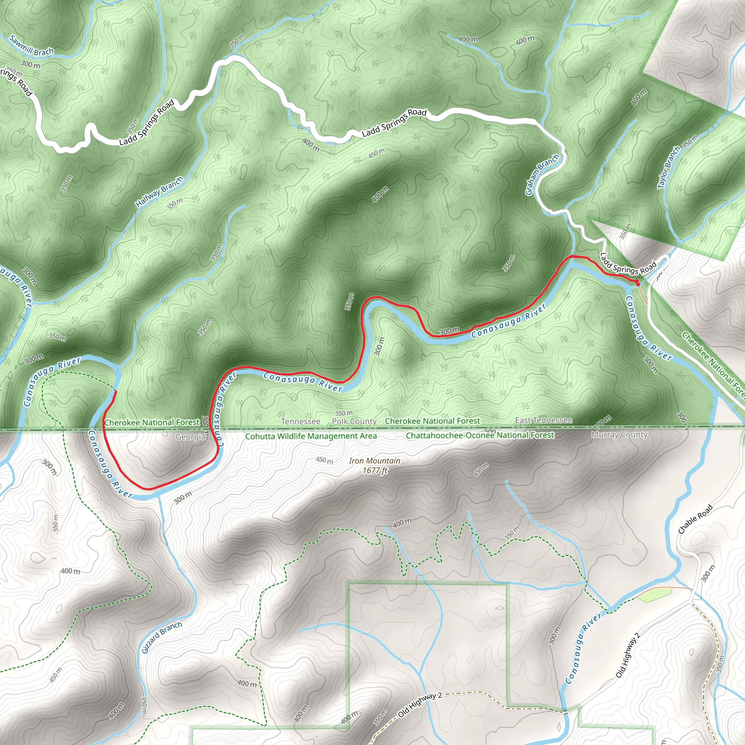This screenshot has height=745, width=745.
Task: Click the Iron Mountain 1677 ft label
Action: point(374,465)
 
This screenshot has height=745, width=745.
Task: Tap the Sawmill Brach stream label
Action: point(31,45)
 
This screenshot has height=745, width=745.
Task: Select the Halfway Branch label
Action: point(159,192)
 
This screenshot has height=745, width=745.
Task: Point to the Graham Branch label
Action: point(542,175)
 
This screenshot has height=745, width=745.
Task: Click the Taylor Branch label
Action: point(669,167)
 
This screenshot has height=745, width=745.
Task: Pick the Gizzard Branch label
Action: point(162,637)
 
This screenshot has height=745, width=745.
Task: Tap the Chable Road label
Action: point(695,519)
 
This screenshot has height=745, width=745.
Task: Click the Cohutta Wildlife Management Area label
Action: point(311,436)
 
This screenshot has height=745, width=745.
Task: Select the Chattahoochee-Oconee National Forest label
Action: point(480,435)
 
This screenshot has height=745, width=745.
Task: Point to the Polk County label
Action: point(354,422)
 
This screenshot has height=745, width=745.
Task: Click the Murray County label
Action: point(619,435)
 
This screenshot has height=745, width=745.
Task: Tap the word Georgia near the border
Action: point(190,437)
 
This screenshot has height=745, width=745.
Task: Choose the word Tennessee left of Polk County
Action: point(300,422)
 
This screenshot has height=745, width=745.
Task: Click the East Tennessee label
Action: point(544,420)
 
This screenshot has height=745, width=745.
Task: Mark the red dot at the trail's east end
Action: point(637,284)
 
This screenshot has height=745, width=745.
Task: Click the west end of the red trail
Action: point(115,391)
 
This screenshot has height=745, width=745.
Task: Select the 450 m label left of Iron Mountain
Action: point(324,460)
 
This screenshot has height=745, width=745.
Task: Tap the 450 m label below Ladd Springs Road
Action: point(376,153)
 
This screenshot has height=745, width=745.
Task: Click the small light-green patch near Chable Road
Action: point(655,595)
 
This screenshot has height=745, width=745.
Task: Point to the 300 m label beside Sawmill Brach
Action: point(31,64)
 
